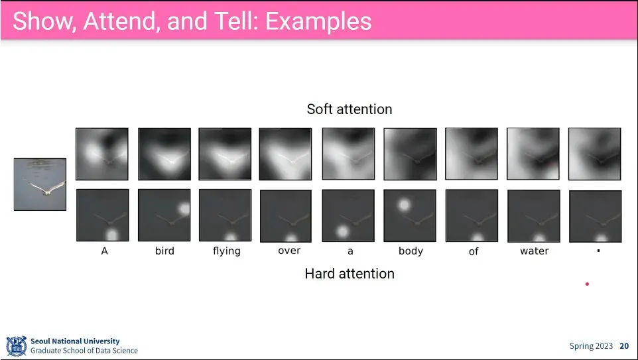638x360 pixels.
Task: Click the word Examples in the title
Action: [318, 21]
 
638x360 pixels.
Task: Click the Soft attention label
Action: [350, 109]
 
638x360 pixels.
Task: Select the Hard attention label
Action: [350, 273]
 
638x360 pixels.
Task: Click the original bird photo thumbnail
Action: [40, 184]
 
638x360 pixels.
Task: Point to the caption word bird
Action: [164, 251]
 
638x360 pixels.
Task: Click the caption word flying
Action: [227, 251]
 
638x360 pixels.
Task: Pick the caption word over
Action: [289, 251]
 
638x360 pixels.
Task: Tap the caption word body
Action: [411, 251]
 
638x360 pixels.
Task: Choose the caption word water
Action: [535, 251]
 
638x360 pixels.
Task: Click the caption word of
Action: [474, 251]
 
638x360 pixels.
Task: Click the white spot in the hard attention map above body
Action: [404, 205]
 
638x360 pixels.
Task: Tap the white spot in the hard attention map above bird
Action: [184, 209]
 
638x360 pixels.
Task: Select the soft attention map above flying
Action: [225, 154]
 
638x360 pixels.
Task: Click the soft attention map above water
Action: [533, 154]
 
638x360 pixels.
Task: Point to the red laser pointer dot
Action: [587, 284]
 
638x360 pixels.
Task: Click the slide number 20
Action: [624, 346]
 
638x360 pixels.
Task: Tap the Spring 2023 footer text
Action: [591, 346]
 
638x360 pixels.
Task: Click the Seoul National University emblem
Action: [17, 346]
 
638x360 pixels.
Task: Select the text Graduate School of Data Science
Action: [84, 351]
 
